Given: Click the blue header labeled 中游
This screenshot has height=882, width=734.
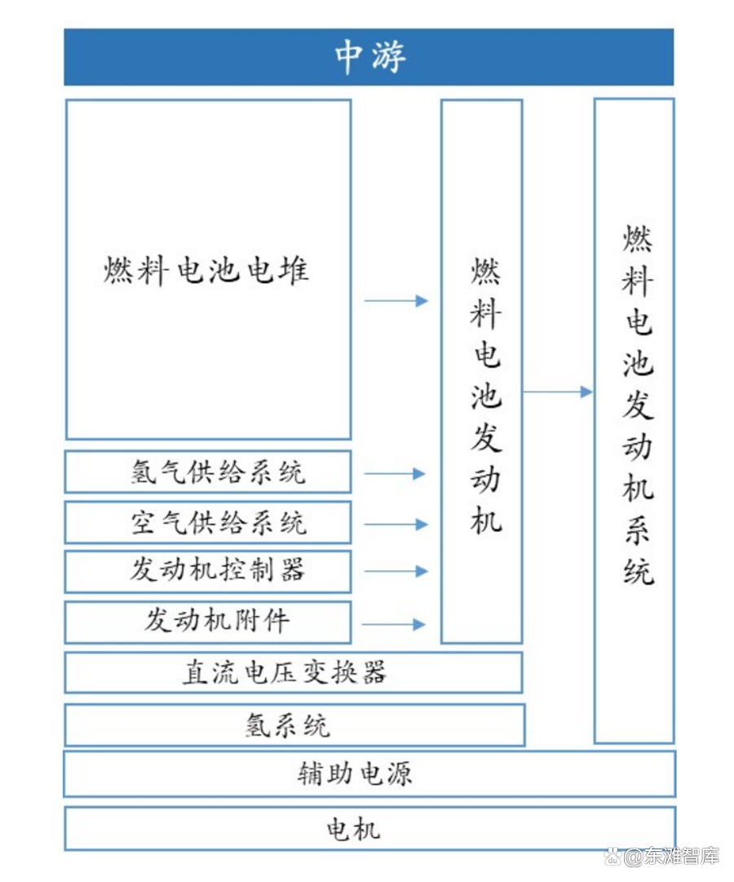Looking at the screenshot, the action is click(369, 57).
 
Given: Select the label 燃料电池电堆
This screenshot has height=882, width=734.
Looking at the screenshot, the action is click(206, 269).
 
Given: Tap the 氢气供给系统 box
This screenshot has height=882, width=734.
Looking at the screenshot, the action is click(207, 472).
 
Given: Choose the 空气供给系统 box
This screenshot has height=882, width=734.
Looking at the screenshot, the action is click(207, 522).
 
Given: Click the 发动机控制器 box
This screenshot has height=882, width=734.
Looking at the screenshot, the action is click(207, 571).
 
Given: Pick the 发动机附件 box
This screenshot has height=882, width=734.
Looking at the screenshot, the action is click(207, 622).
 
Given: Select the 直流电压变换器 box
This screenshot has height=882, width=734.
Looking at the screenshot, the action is click(293, 672).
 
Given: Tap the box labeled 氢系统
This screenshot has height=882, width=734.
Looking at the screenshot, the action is click(294, 725).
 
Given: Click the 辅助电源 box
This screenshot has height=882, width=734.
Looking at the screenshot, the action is click(369, 773).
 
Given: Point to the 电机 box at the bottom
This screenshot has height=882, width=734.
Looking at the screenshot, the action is click(369, 829).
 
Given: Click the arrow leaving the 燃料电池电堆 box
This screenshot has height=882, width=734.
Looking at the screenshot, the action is click(396, 301).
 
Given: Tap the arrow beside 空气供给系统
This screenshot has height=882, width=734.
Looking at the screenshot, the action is click(396, 525).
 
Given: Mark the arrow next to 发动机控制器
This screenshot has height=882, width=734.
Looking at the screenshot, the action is click(396, 571).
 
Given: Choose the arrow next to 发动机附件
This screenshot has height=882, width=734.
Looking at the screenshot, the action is click(393, 624).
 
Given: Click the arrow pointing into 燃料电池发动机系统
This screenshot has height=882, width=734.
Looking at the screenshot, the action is click(558, 392).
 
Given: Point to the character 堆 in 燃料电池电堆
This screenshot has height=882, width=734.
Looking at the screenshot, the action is click(294, 269).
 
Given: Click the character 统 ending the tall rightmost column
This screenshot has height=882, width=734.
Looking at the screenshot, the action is click(638, 571).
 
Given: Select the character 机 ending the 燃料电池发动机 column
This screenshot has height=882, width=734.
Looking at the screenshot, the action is click(485, 520).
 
